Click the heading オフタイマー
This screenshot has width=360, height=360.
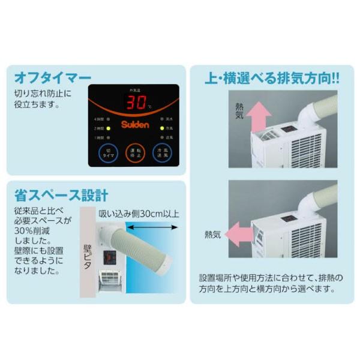[x=53, y=78]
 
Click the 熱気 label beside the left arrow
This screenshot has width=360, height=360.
[x=213, y=234]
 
